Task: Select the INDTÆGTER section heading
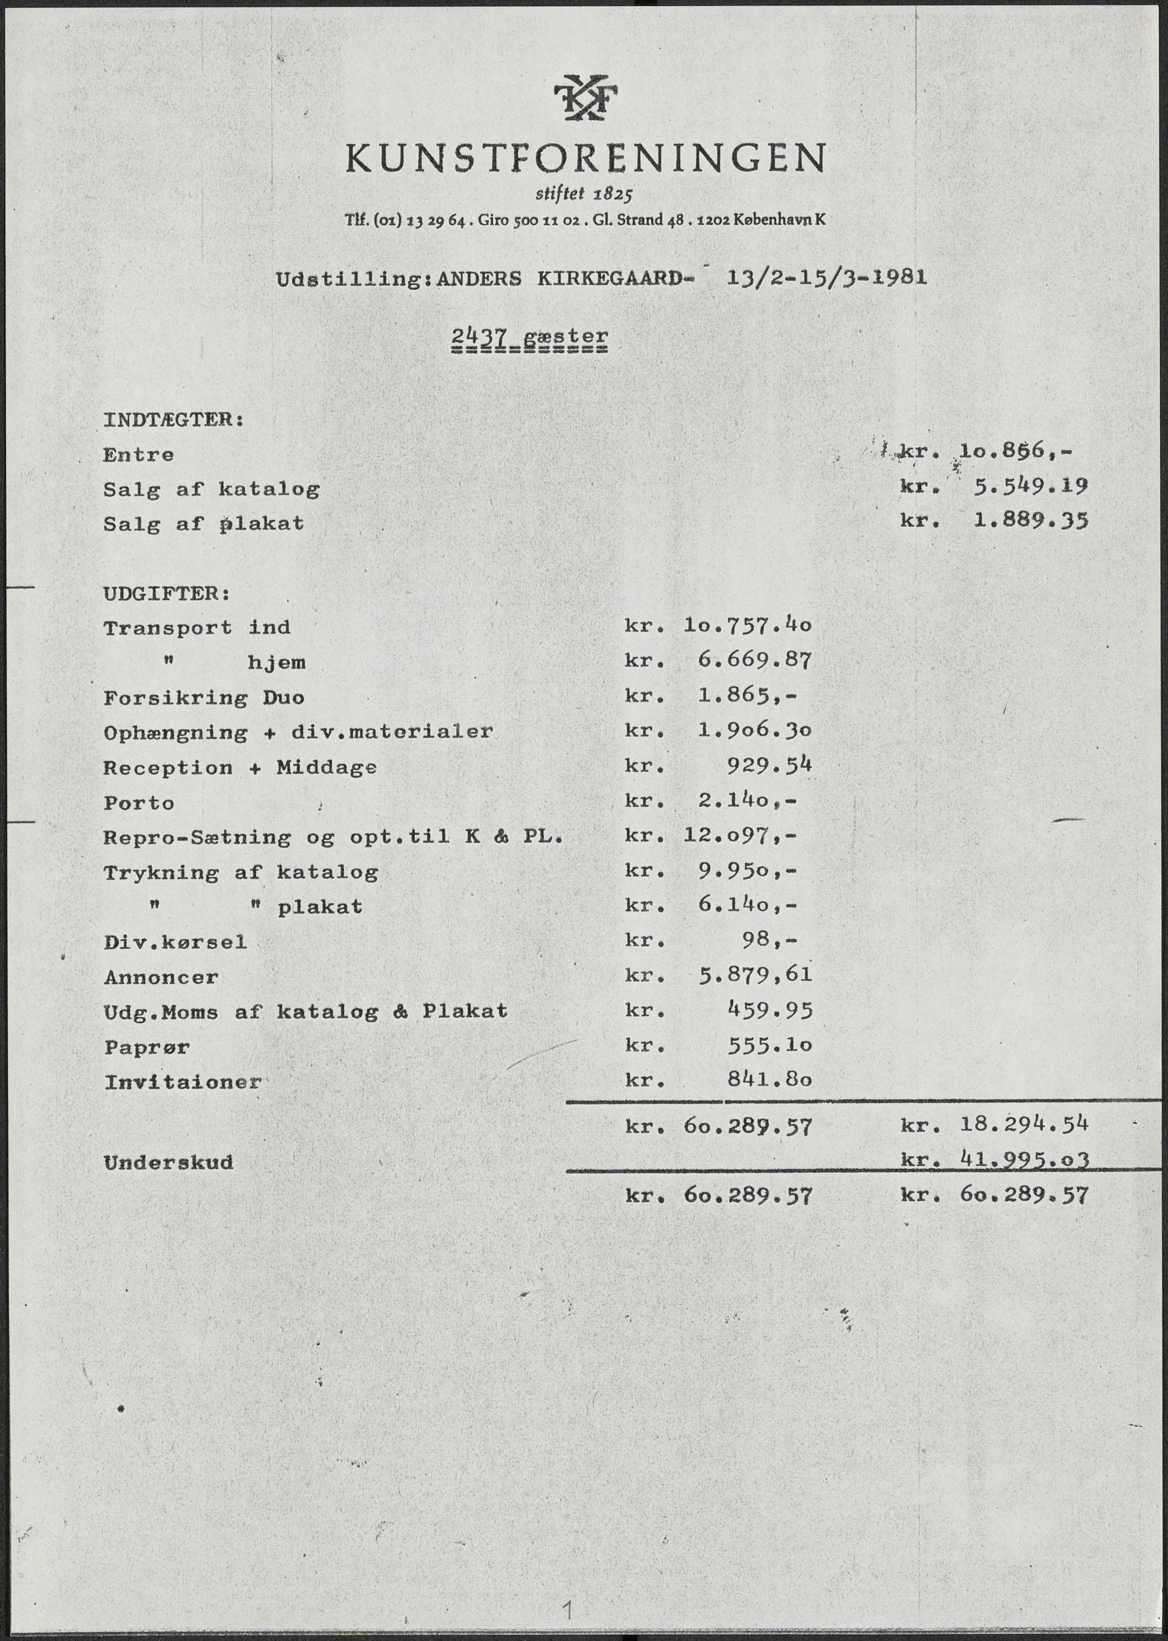pos(173,419)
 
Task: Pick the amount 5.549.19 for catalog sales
pos(1030,486)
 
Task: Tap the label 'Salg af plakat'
pos(204,524)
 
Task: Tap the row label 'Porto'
pos(139,803)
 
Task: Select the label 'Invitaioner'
pos(183,1082)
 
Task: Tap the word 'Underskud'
pos(168,1162)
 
